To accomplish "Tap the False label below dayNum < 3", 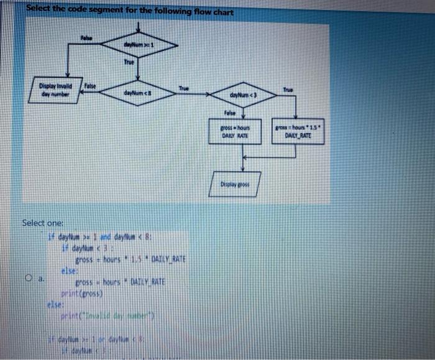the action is coord(230,113).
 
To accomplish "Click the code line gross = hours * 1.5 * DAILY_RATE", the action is coord(130,259).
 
